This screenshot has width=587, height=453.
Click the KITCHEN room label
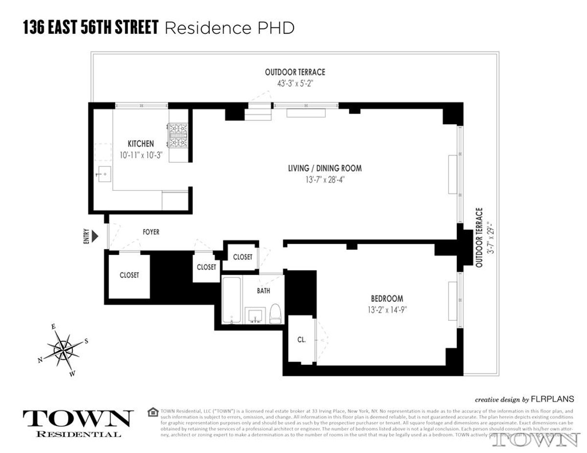140,144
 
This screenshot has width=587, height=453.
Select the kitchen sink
105,174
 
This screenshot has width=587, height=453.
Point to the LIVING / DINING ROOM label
325,168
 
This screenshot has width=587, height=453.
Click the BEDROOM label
386,298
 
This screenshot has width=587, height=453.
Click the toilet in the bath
275,313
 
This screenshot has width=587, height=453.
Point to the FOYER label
151,232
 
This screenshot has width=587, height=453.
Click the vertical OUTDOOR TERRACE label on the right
479,238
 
